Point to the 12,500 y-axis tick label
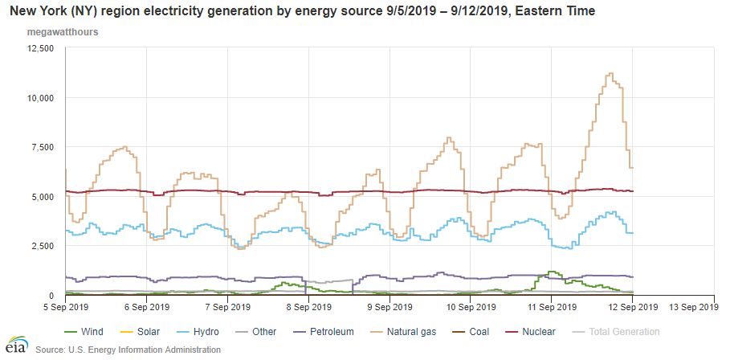[x=39, y=48]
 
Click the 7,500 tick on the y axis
[x=41, y=147]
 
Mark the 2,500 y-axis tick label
[x=41, y=246]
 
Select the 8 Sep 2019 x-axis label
[x=309, y=306]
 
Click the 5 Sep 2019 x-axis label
[x=66, y=306]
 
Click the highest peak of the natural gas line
[x=610, y=74]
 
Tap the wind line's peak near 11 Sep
[x=552, y=272]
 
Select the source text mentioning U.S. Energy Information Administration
[x=128, y=350]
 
